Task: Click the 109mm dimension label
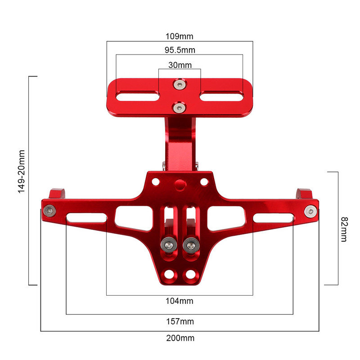(x=180, y=36)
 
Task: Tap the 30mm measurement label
(x=180, y=65)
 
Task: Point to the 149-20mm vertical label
(x=21, y=171)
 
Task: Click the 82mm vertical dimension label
(x=344, y=229)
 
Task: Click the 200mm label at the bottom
(x=180, y=338)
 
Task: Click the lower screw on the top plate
(x=180, y=107)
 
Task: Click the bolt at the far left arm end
(x=49, y=211)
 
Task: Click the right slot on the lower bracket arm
(x=273, y=219)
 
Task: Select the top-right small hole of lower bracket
(x=204, y=182)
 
